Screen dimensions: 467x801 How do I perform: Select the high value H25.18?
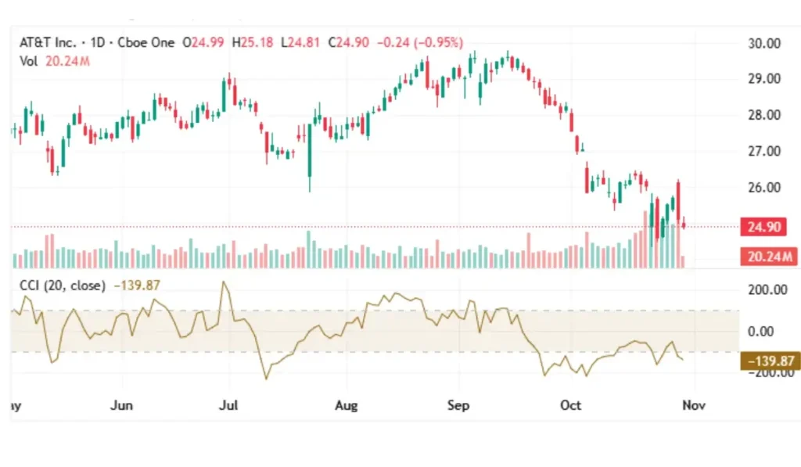point(253,43)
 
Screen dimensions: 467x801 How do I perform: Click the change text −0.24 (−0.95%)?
point(420,43)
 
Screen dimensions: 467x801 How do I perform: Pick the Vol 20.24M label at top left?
point(55,60)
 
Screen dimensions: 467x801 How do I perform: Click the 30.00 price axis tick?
point(764,43)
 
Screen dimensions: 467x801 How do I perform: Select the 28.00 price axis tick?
point(764,115)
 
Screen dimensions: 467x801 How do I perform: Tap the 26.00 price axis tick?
point(764,188)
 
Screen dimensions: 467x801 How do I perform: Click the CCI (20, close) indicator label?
point(62,286)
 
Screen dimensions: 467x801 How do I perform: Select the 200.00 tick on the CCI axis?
point(767,289)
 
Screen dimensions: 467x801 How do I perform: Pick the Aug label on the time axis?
point(346,406)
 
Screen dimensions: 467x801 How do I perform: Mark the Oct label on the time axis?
point(571,406)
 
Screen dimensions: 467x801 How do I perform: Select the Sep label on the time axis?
point(458,406)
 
